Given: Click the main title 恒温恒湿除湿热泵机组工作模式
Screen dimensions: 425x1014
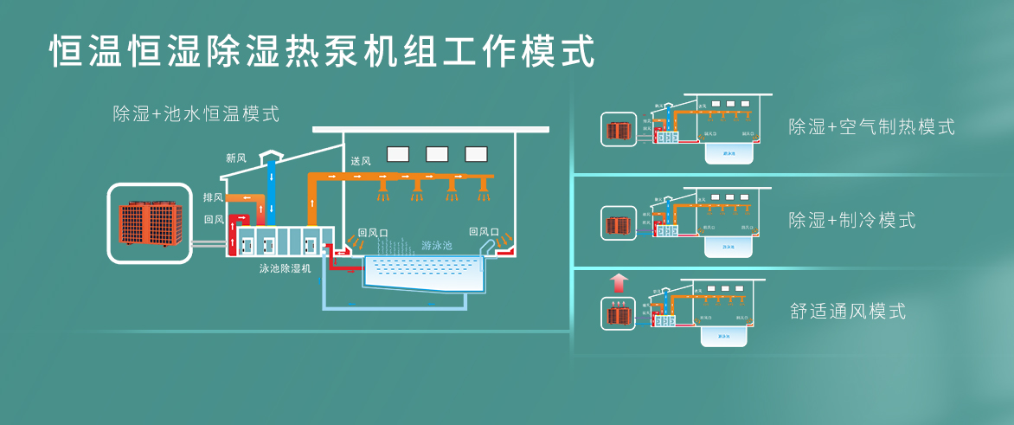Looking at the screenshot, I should [x=322, y=50].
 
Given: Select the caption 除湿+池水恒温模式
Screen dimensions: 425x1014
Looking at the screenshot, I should [x=196, y=113].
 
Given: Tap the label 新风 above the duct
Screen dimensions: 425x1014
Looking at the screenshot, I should [x=236, y=158].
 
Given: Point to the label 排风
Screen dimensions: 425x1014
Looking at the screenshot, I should [x=213, y=197].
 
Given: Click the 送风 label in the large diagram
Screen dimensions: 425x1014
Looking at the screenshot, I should [x=361, y=161].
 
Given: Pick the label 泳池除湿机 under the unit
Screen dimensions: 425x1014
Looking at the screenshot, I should [x=286, y=268].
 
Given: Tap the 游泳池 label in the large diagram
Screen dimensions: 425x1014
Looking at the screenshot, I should [x=436, y=245].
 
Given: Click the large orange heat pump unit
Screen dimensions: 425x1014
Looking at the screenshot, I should [x=149, y=222].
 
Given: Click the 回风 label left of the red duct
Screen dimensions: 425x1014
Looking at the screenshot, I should [x=213, y=220].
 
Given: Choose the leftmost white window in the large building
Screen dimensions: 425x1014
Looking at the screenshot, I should [x=398, y=154].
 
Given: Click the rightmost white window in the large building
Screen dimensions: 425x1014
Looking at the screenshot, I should [x=476, y=154].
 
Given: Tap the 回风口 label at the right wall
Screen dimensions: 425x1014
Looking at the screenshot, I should [x=484, y=232].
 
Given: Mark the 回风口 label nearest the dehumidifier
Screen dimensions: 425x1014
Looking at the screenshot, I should [x=374, y=232].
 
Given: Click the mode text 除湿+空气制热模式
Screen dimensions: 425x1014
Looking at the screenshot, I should [x=871, y=127].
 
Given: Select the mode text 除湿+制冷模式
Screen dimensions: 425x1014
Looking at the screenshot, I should [x=851, y=220].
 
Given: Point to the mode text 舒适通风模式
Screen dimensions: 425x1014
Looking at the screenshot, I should [x=848, y=312].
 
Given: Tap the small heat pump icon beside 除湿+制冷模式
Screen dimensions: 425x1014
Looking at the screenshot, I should [x=618, y=223].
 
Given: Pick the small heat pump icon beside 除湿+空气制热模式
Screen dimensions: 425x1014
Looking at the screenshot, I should [x=618, y=130].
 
